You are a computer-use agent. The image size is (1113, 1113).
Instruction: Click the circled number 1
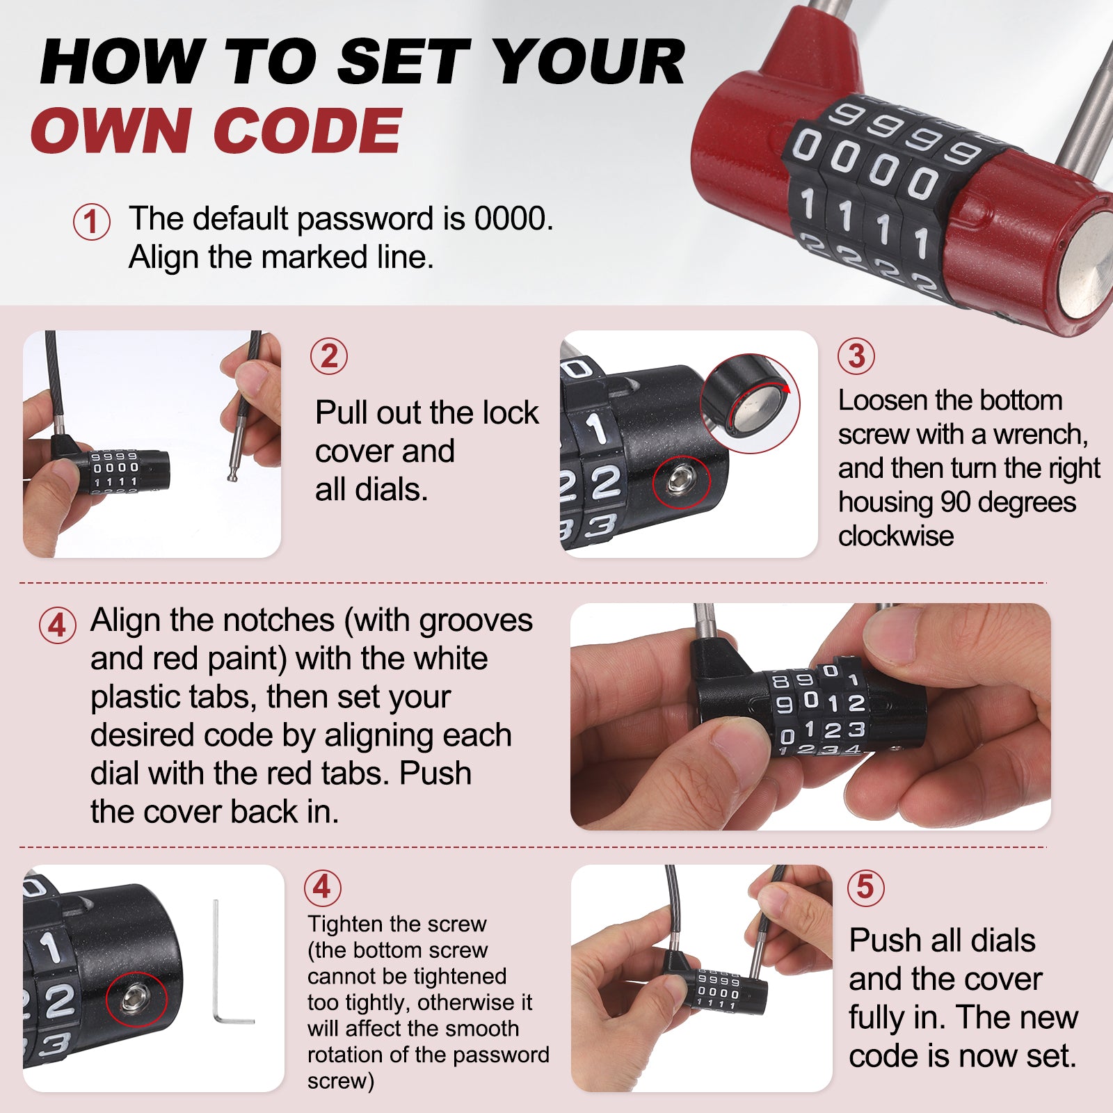[91, 222]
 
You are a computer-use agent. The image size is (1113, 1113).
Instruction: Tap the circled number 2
[329, 356]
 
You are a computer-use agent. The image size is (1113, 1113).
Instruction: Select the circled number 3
[856, 356]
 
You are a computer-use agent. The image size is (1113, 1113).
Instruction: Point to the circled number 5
[865, 887]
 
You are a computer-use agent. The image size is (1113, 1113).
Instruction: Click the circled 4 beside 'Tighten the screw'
[322, 887]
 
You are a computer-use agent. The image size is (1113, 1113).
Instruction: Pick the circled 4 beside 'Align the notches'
[57, 625]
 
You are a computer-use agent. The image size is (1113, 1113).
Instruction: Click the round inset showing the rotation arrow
[750, 404]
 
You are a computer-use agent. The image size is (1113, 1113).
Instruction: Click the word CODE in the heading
[307, 130]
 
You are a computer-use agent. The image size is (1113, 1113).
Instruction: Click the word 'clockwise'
[896, 536]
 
